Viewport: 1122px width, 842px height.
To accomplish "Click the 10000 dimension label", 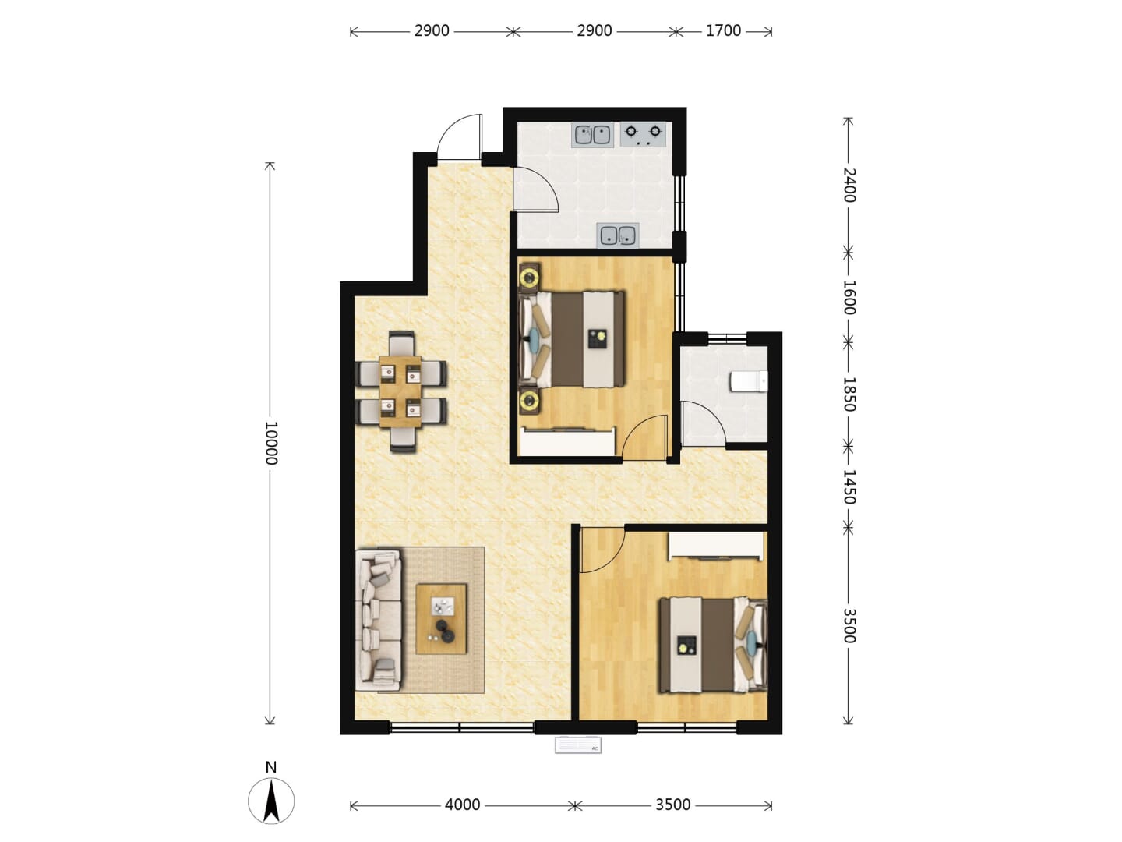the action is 270,443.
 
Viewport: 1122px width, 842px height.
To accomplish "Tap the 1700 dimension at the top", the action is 723,31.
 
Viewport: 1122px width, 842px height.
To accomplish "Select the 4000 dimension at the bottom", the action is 462,805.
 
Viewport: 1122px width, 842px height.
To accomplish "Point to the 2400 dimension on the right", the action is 849,185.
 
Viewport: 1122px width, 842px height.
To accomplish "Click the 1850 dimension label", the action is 849,394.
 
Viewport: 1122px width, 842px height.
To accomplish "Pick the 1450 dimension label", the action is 849,486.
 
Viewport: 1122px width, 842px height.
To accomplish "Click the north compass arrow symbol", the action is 271,801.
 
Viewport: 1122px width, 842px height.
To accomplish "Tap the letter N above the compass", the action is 271,767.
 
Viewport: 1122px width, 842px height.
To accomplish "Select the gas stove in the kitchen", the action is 643,134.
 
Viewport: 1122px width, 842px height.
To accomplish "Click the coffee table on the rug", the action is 441,618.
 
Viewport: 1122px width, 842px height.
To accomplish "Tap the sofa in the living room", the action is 378,621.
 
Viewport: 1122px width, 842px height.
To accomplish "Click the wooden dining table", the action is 400,391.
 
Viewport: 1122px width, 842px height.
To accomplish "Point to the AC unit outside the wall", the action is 578,745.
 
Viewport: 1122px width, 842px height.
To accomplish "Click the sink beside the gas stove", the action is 592,135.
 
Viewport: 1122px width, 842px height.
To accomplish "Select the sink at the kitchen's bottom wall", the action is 618,235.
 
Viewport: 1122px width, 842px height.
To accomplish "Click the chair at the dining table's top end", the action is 402,344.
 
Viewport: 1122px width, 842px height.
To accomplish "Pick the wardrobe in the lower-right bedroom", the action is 716,546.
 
